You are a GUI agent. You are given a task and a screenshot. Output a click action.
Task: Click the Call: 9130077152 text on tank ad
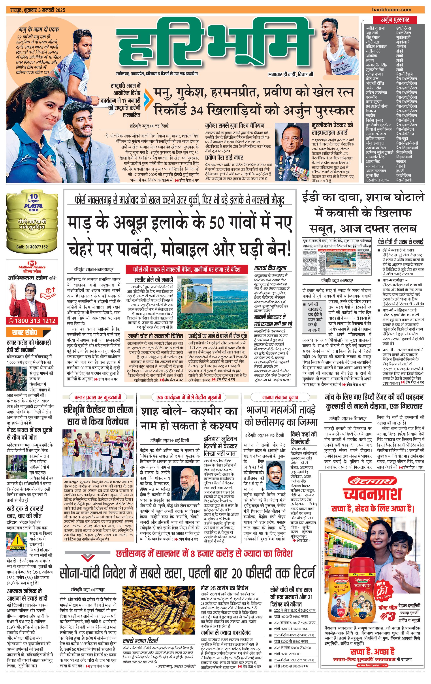pyautogui.click(x=32, y=247)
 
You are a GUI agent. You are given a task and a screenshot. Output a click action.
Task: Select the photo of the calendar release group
pyautogui.click(x=98, y=453)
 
